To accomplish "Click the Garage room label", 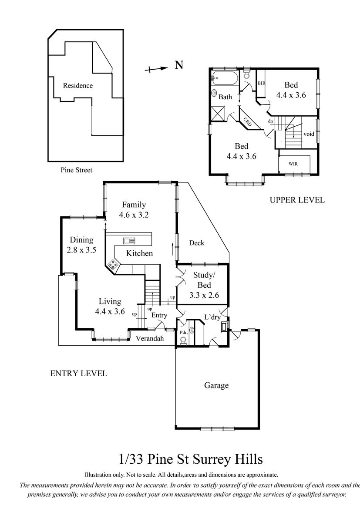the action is [x=216, y=385].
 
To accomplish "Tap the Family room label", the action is [x=134, y=205].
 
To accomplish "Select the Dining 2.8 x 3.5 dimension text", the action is [x=81, y=250].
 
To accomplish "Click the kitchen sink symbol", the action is [x=129, y=240].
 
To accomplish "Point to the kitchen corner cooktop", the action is [x=113, y=265].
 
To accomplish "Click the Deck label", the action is [x=197, y=243].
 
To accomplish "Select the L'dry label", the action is [x=212, y=317].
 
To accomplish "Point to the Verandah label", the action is [x=150, y=338].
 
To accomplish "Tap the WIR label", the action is [x=293, y=164].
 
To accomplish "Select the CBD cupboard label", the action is [x=248, y=122].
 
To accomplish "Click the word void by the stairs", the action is [x=309, y=134].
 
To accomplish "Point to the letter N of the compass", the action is [x=179, y=65].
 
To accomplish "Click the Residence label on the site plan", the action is [x=77, y=85].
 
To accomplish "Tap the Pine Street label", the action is [x=76, y=170].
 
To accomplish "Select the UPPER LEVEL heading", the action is [x=297, y=200].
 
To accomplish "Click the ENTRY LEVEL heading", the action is [x=78, y=373].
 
